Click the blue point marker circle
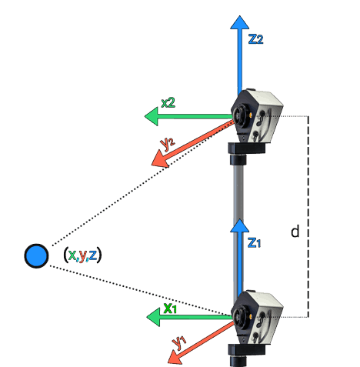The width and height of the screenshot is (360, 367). [x=36, y=255]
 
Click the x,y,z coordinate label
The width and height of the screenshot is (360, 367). [x=82, y=255]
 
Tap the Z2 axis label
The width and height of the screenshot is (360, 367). [x=256, y=39]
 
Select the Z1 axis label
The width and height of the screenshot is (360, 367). [x=255, y=242]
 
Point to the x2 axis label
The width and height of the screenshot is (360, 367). [x=168, y=102]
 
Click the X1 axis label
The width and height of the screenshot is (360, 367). [x=170, y=309]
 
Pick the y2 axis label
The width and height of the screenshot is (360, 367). [x=168, y=143]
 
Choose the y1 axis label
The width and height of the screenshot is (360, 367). [x=181, y=340]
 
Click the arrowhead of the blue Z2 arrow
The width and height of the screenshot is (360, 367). [x=240, y=23]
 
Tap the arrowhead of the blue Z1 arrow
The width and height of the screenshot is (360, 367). [x=240, y=226]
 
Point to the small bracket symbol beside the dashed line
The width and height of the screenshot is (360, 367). [x=295, y=231]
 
